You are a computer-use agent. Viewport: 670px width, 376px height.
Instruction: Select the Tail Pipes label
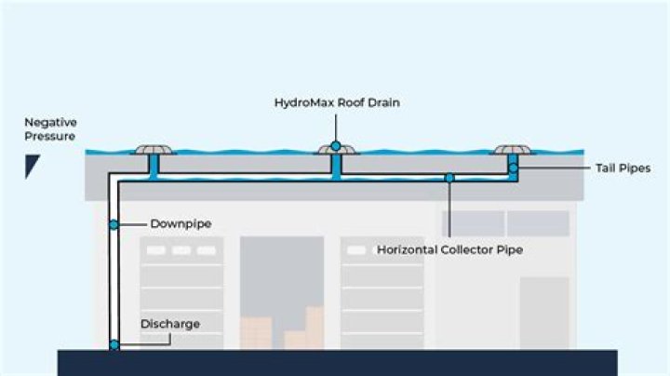[622, 168]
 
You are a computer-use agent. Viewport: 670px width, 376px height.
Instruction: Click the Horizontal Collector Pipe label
[449, 249]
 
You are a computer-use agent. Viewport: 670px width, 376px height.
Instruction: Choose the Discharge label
[169, 324]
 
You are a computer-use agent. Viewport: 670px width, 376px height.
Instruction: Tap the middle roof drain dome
[335, 149]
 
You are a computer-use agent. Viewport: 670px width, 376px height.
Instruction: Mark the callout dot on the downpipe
[114, 224]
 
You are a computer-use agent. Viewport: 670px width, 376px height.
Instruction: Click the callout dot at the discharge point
[114, 345]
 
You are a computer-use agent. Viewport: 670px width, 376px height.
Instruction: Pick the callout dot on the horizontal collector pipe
[449, 177]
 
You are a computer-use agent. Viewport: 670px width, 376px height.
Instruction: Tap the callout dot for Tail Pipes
[513, 168]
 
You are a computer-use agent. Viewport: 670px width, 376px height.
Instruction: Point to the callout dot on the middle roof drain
[335, 146]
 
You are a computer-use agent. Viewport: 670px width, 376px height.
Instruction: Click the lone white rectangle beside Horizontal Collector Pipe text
[356, 249]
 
